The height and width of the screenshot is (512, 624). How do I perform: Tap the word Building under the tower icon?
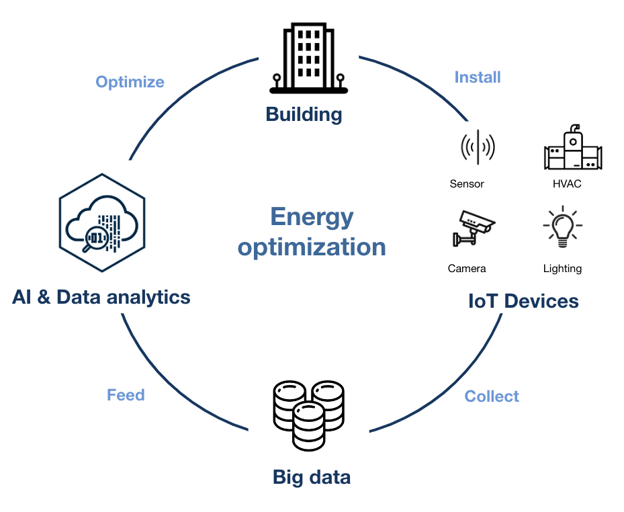[304, 114]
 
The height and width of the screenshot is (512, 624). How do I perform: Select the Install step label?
[478, 77]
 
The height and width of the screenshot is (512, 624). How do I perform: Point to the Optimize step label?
[130, 82]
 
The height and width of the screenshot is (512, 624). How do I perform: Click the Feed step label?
[126, 394]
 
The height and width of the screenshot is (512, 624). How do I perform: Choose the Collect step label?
[492, 396]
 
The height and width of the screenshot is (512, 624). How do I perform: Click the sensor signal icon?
[478, 147]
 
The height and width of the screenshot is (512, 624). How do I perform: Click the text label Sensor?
[467, 183]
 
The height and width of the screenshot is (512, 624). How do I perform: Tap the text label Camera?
[467, 268]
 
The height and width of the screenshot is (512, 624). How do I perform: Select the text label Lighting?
[562, 268]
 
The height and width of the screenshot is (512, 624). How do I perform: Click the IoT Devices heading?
[523, 301]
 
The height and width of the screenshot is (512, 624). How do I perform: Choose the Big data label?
[312, 478]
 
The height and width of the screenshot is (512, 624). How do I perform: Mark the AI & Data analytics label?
[101, 296]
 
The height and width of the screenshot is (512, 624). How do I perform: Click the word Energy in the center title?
[312, 217]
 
